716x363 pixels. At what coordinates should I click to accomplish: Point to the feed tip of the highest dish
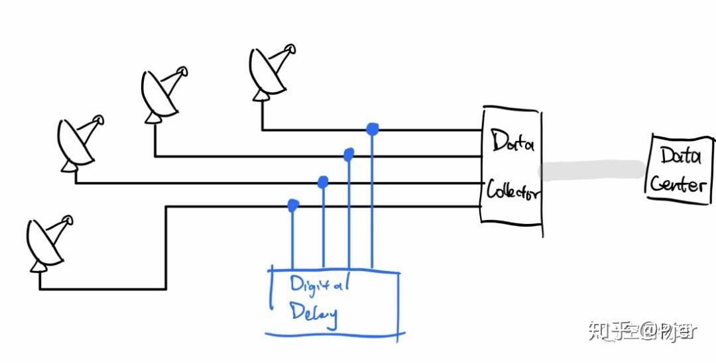click(x=290, y=48)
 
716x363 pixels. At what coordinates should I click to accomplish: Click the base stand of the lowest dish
click(x=39, y=266)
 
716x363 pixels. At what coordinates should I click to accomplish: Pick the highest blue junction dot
click(x=373, y=129)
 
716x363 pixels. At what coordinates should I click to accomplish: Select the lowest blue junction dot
click(x=292, y=206)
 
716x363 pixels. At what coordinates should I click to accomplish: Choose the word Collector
click(x=514, y=192)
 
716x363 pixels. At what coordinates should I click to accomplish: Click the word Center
click(x=677, y=183)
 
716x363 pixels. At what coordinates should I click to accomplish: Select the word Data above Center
click(x=680, y=156)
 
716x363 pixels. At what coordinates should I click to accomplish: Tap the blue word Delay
click(x=313, y=313)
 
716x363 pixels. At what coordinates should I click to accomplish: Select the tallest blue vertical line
click(x=372, y=199)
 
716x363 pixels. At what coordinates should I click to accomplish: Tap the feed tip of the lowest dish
click(x=66, y=219)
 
